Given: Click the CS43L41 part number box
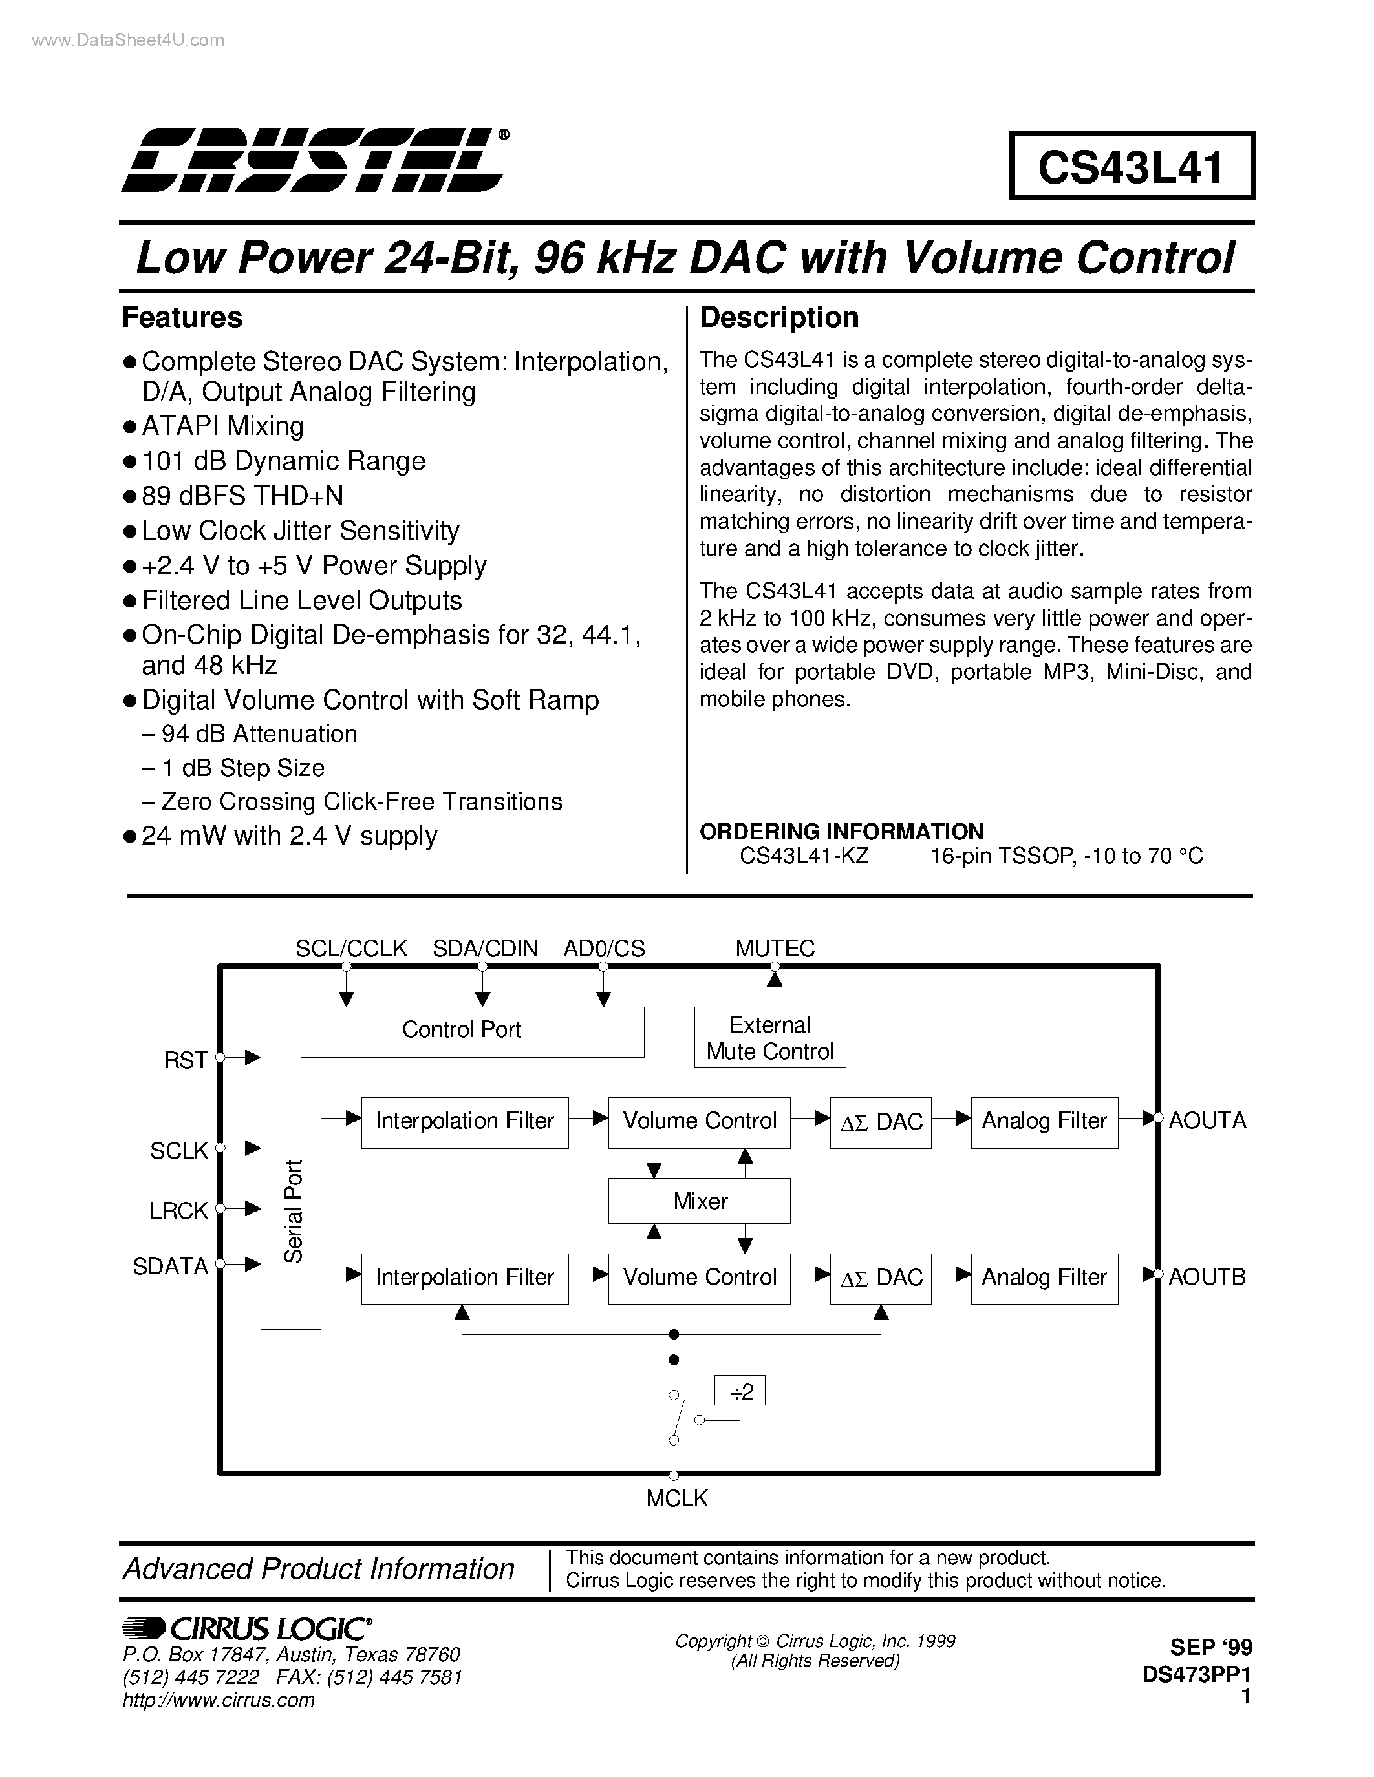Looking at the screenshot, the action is [x=1131, y=166].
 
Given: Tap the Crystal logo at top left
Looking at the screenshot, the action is [x=314, y=160].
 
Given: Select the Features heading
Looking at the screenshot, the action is [x=182, y=317].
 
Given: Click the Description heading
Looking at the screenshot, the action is [x=779, y=317].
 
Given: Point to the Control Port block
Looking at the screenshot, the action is [x=471, y=1031].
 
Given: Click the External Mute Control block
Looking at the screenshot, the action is [x=769, y=1037].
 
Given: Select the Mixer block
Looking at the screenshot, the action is [x=699, y=1201].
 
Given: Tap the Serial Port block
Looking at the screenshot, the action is [x=290, y=1210].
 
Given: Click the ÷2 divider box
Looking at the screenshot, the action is [x=740, y=1391].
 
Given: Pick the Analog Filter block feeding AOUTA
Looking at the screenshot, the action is [x=1044, y=1122].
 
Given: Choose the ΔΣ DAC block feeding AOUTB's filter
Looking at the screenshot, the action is [x=880, y=1278].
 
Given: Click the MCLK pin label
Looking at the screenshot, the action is [x=676, y=1498].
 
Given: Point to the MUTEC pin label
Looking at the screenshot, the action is [x=774, y=948].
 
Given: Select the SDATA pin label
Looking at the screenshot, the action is [x=170, y=1266].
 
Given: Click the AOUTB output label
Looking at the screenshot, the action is [x=1207, y=1277].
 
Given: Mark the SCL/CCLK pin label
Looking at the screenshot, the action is [x=351, y=948].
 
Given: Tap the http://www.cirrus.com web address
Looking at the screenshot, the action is [x=218, y=1699].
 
